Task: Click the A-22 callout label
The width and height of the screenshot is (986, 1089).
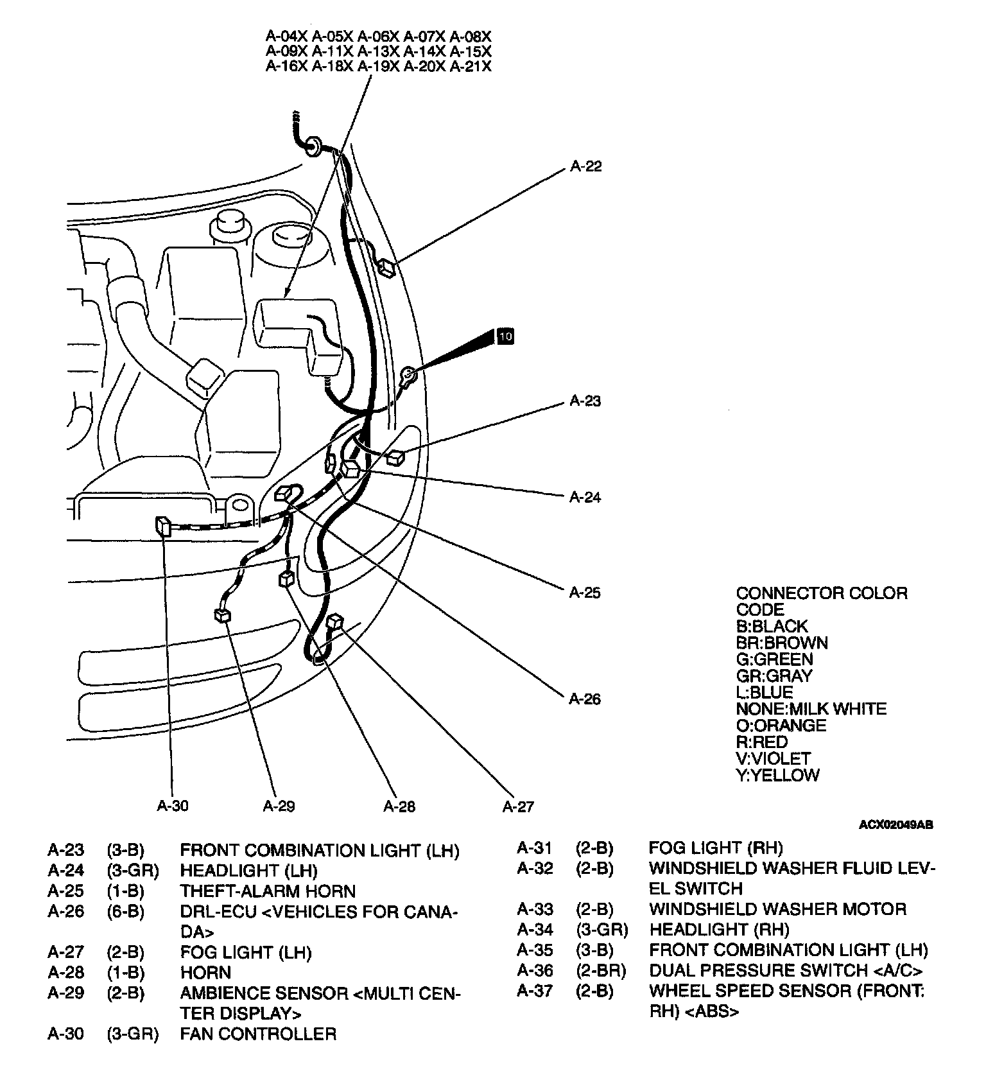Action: click(x=585, y=166)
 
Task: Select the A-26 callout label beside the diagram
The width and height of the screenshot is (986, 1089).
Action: click(x=585, y=699)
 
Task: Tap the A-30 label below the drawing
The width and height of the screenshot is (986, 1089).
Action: click(x=173, y=806)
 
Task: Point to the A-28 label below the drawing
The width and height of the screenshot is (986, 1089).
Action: click(x=399, y=806)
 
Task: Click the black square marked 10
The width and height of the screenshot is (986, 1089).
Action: click(x=506, y=336)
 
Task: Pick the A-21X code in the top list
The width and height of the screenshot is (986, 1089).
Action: click(x=471, y=67)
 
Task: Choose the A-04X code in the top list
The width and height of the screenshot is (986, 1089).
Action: click(x=286, y=36)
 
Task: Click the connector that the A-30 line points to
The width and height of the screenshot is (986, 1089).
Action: click(x=162, y=526)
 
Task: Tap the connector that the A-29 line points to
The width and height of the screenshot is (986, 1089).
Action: click(x=222, y=615)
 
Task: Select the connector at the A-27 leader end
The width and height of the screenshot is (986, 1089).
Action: click(x=335, y=622)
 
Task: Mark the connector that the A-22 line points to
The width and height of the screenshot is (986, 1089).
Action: click(x=387, y=266)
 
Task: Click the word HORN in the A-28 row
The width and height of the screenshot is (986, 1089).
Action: click(x=205, y=972)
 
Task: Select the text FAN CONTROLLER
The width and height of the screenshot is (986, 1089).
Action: click(x=258, y=1034)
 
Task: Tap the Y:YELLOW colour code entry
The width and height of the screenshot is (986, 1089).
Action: click(x=777, y=775)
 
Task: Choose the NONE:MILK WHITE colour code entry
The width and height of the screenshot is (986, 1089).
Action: click(x=811, y=709)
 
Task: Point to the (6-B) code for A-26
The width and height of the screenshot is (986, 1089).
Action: click(x=125, y=912)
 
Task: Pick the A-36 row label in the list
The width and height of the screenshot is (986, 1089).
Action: click(x=535, y=970)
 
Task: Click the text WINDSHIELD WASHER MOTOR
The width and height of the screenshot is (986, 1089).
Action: click(x=777, y=909)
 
